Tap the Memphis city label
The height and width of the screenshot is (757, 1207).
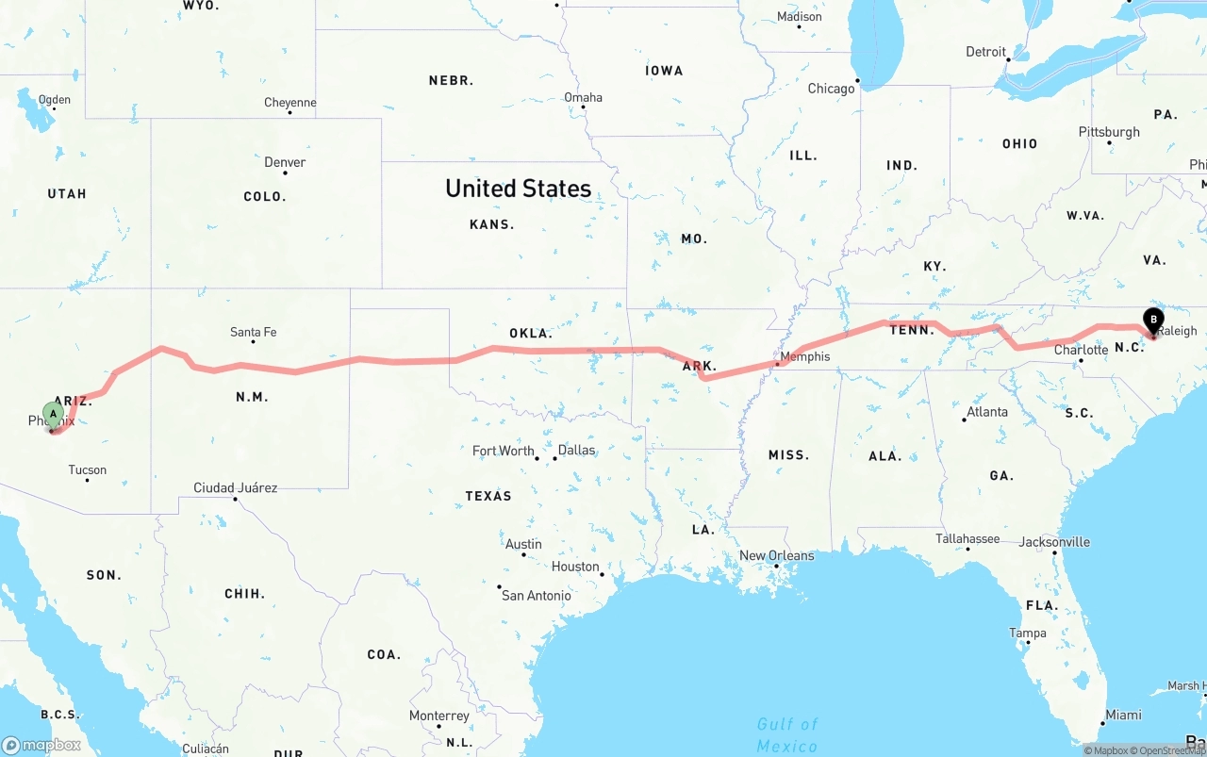(805, 356)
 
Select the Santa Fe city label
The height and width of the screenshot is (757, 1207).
(253, 332)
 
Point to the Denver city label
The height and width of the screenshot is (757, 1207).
(285, 162)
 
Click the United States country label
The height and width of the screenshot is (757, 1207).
(518, 189)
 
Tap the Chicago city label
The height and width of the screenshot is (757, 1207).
(831, 89)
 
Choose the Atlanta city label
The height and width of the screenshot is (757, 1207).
(986, 411)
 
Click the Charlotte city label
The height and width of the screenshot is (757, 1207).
(1081, 350)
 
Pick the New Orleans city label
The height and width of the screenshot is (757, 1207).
(776, 555)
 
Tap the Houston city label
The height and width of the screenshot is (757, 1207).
(575, 567)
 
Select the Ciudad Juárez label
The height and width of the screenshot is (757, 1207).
(235, 487)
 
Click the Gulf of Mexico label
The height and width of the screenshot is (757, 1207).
(787, 734)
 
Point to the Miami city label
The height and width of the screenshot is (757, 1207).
(1123, 715)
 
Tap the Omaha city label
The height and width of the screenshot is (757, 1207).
(583, 97)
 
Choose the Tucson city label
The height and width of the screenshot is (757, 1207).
(87, 469)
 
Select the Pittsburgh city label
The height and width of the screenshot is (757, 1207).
(1109, 132)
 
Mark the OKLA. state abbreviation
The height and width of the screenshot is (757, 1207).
(531, 333)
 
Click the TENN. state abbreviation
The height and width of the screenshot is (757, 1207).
(913, 330)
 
